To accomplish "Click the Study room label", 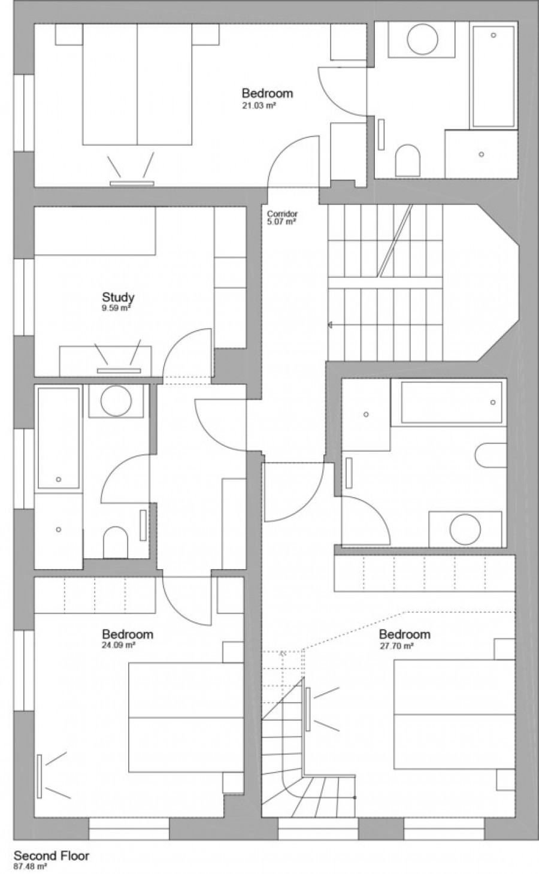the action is (118, 297).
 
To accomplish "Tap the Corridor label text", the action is (282, 214).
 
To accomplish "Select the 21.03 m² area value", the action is (259, 105).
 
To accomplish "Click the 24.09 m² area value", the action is (119, 645).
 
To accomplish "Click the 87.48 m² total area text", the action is (31, 866).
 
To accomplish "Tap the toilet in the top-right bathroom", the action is (408, 160).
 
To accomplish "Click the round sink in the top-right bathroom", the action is (422, 39).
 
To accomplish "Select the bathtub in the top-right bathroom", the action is (493, 77).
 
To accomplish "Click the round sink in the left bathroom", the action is (116, 401).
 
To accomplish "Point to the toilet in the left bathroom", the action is (116, 542).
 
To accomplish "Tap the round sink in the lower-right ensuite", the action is (465, 530).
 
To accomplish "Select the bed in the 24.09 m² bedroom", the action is (186, 717).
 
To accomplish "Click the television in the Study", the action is (119, 370).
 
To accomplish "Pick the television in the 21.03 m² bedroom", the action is (132, 183).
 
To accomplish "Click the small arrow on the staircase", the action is (330, 325).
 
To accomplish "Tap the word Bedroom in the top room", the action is (267, 93).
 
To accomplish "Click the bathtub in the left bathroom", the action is (59, 438).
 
